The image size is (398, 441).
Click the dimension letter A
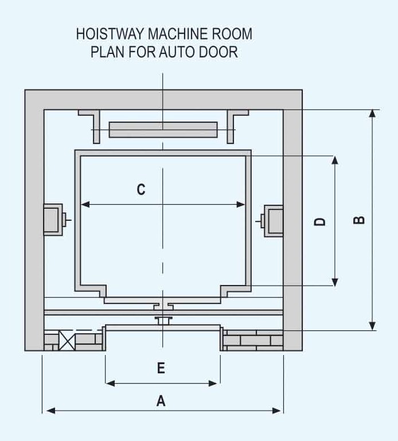coord(161,401)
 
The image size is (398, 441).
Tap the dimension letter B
coord(359,220)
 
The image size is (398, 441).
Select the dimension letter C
coord(141,189)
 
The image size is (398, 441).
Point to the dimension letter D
coord(321,221)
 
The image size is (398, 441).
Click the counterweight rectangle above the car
coord(163,130)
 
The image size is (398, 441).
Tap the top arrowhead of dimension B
coord(373,113)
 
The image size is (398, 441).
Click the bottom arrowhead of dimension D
coord(335,281)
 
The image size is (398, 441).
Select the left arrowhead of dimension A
coord(50,410)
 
